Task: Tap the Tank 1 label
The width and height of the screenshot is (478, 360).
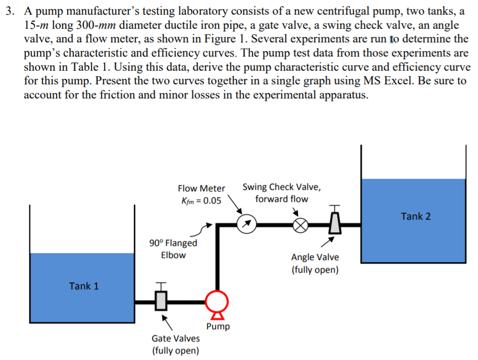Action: (x=84, y=286)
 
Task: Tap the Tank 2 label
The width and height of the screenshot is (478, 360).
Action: (x=415, y=216)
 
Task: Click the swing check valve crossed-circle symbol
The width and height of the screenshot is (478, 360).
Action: (x=300, y=225)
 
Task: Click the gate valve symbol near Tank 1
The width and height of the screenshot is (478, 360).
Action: (x=161, y=297)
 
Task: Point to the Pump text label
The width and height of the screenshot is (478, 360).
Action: (x=218, y=327)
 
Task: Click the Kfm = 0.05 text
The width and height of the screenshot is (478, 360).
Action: (x=201, y=200)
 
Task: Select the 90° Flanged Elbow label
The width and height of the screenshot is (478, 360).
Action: (x=173, y=249)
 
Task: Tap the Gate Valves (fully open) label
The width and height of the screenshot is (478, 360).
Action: (x=176, y=344)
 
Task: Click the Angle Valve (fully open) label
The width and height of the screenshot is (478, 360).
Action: (x=315, y=264)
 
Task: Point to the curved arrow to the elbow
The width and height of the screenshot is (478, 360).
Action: (x=202, y=231)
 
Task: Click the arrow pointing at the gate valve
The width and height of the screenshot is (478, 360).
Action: (x=167, y=323)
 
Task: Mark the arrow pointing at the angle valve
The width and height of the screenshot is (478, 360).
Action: (x=328, y=242)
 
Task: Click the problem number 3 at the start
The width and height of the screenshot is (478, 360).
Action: (x=10, y=11)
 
